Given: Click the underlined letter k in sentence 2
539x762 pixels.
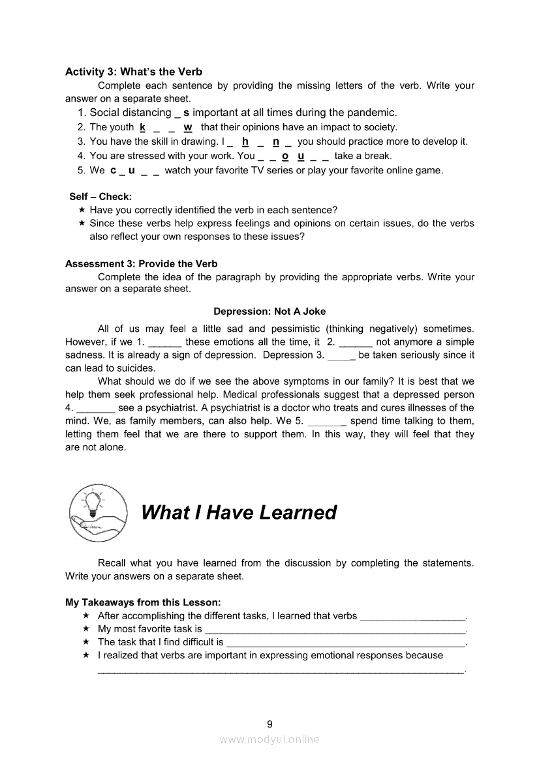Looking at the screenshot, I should (x=142, y=127).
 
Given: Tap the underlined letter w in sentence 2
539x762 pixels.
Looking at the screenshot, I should (x=188, y=127).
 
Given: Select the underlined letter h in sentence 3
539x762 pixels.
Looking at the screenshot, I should (x=245, y=141).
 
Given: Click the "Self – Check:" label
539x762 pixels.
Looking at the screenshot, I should (x=100, y=196).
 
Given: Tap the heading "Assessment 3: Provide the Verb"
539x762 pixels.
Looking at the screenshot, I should (x=142, y=264).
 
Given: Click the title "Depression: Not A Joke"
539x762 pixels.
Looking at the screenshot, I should (x=269, y=312).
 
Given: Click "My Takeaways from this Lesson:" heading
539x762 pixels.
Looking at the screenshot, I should (x=143, y=602).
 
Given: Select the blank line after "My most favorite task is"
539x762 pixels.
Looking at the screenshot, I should (x=335, y=630).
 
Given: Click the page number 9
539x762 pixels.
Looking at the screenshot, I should (x=269, y=723).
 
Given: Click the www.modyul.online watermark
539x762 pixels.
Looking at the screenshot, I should (x=269, y=739).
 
